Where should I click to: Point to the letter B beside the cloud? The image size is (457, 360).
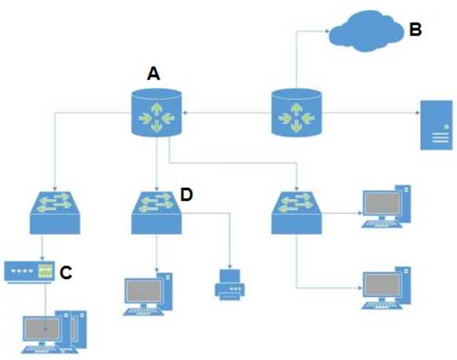click(415, 31)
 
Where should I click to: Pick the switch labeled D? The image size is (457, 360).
click(156, 210)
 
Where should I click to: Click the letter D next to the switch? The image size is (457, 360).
click(187, 194)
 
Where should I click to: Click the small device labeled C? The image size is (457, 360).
click(29, 271)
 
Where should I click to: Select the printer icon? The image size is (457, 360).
click(230, 284)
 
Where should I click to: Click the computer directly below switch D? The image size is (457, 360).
click(149, 293)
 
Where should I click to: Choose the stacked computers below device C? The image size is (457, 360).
click(51, 329)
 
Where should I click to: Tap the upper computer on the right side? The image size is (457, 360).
click(386, 205)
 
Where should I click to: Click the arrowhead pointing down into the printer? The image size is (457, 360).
click(230, 265)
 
